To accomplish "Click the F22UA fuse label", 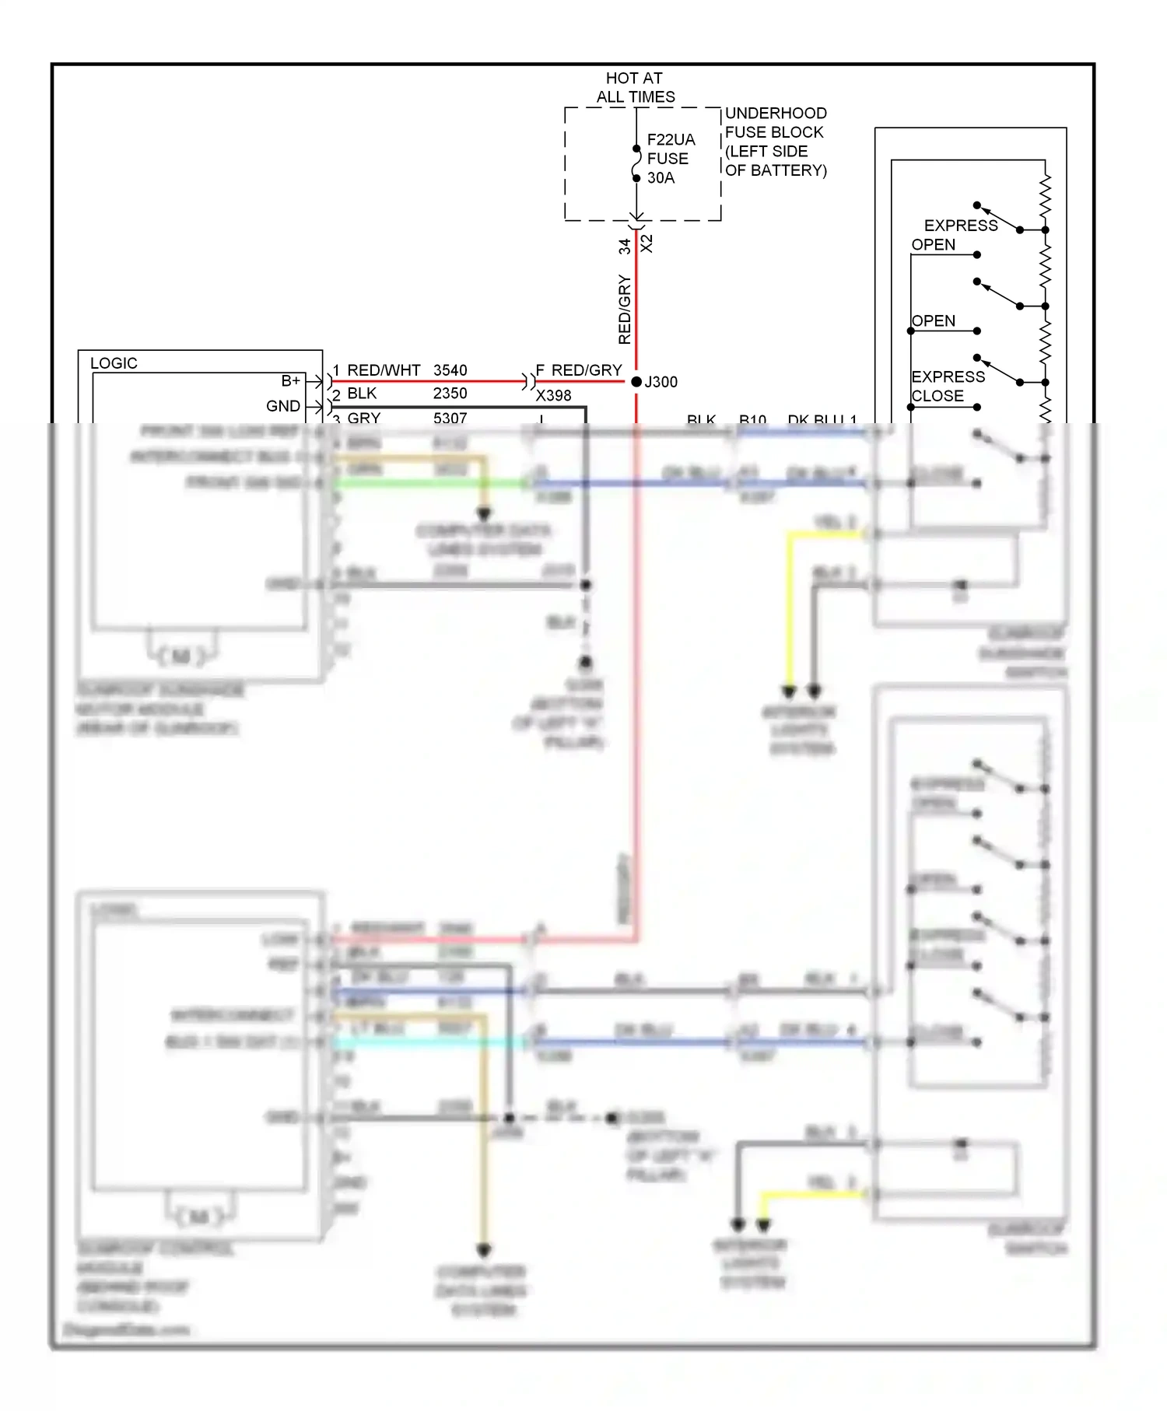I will [671, 140].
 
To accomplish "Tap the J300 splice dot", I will [636, 382].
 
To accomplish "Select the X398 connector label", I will [553, 396].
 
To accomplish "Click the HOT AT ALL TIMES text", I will [635, 88].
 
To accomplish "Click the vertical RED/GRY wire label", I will [625, 310].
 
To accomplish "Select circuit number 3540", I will [450, 370].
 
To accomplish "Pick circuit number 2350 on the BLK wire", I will [450, 394].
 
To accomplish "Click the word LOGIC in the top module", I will [114, 363].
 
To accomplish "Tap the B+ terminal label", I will [290, 381].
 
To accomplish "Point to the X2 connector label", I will [647, 243].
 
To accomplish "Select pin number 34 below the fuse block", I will [625, 247].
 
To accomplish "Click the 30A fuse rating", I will [661, 178].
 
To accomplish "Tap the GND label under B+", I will [282, 406].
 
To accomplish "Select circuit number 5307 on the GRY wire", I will [450, 418].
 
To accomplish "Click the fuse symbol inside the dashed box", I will [636, 163].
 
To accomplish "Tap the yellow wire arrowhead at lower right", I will [763, 1226].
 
